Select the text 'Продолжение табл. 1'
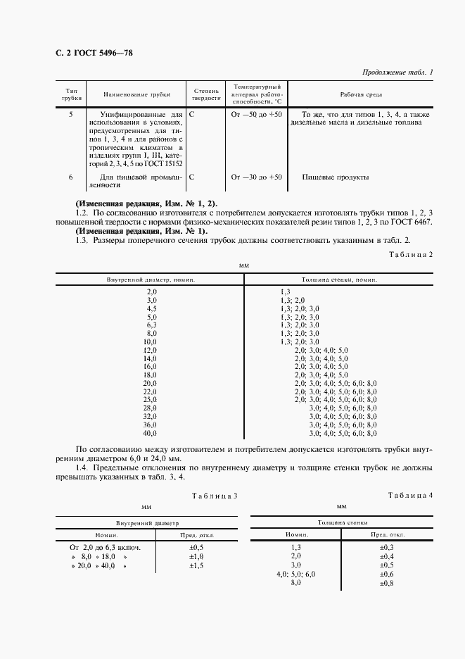397,72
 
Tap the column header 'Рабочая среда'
361,93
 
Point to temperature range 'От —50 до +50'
256,114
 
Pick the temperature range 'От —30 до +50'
256,177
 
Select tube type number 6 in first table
71,177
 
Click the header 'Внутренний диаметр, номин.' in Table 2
151,280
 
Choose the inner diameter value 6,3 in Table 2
151,325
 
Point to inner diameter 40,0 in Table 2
150,434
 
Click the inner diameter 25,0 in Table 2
150,399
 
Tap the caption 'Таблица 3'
214,496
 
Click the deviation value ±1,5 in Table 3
196,565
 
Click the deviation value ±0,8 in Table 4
386,583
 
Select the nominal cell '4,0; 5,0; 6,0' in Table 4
296,574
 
